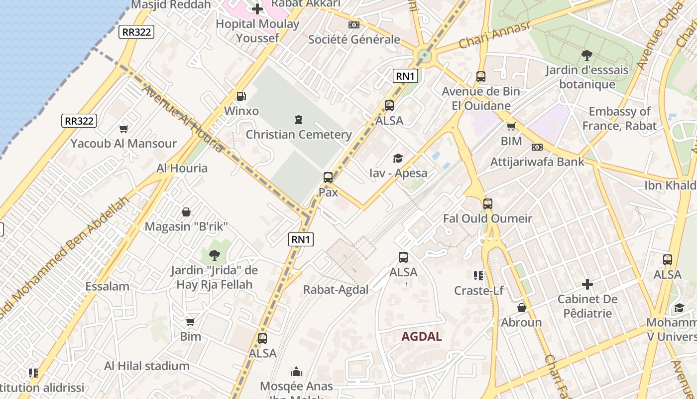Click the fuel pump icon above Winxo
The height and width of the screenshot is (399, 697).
pyautogui.click(x=241, y=96)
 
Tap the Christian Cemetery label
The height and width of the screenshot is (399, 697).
pyautogui.click(x=299, y=134)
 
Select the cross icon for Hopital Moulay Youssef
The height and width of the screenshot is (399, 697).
pyautogui.click(x=257, y=9)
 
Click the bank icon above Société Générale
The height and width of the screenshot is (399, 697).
pyautogui.click(x=354, y=24)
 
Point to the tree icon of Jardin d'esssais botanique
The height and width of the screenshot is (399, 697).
pyautogui.click(x=587, y=55)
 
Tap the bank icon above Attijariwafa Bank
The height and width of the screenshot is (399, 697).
pyautogui.click(x=537, y=147)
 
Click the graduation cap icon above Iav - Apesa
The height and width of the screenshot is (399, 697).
pyautogui.click(x=398, y=158)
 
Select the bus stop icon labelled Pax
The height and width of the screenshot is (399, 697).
pyautogui.click(x=328, y=178)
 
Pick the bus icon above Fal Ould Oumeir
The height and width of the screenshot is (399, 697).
pyautogui.click(x=487, y=203)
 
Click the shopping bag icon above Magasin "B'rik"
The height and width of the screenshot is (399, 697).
pyautogui.click(x=186, y=212)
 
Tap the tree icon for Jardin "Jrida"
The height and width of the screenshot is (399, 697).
pyautogui.click(x=214, y=255)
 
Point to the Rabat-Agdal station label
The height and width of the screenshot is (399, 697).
pyautogui.click(x=336, y=289)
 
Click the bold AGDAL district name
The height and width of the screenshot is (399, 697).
pyautogui.click(x=422, y=336)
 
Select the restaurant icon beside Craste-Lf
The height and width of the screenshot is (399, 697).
pyautogui.click(x=478, y=275)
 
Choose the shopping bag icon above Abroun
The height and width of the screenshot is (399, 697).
pyautogui.click(x=522, y=308)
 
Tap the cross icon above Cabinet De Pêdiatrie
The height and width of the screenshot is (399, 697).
pyautogui.click(x=587, y=284)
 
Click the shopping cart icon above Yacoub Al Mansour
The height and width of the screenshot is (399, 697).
pyautogui.click(x=124, y=129)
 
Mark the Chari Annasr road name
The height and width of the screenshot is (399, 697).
pyautogui.click(x=494, y=36)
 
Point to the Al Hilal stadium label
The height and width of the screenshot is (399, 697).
pyautogui.click(x=147, y=366)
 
